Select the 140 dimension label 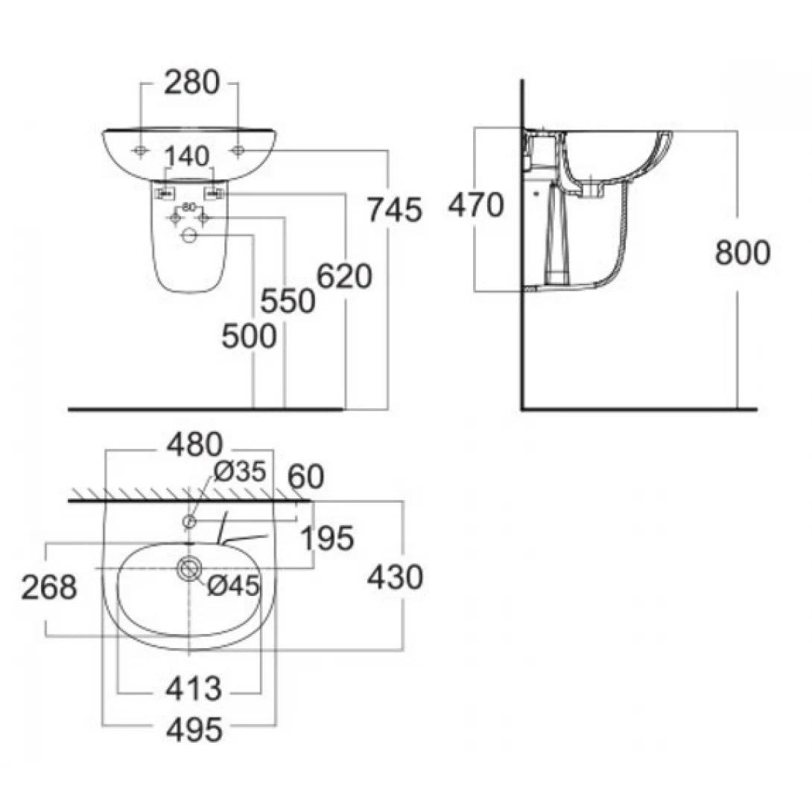[187, 157]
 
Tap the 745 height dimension [394, 210]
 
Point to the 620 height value [344, 277]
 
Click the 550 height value [288, 302]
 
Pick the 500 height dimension [249, 337]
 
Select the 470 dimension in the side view [475, 205]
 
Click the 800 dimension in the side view [742, 253]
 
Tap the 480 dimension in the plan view [194, 445]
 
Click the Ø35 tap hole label [240, 472]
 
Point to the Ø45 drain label [232, 586]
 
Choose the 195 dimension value [328, 539]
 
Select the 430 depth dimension [395, 577]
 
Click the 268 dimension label [48, 588]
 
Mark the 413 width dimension [194, 689]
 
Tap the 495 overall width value [194, 731]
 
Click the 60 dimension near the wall [305, 478]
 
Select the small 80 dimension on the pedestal [188, 206]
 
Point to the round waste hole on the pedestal [189, 236]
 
